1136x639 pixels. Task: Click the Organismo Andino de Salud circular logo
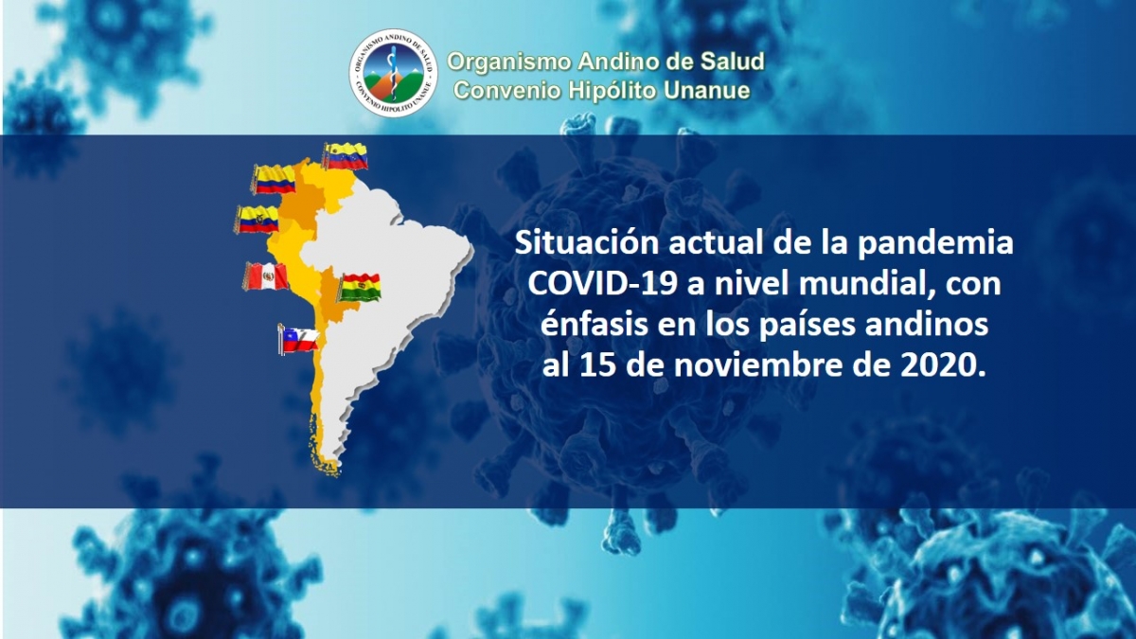pos(393,73)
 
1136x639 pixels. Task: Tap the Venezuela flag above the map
pos(346,155)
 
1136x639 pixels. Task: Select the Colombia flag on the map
pos(274,179)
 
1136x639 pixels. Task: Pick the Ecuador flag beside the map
pos(257,219)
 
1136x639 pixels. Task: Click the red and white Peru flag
pos(266,276)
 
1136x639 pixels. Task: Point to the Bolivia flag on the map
pos(360,288)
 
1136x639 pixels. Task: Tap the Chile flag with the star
pos(299,339)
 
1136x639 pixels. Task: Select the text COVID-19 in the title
pos(603,284)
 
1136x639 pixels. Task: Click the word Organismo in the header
pos(509,62)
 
